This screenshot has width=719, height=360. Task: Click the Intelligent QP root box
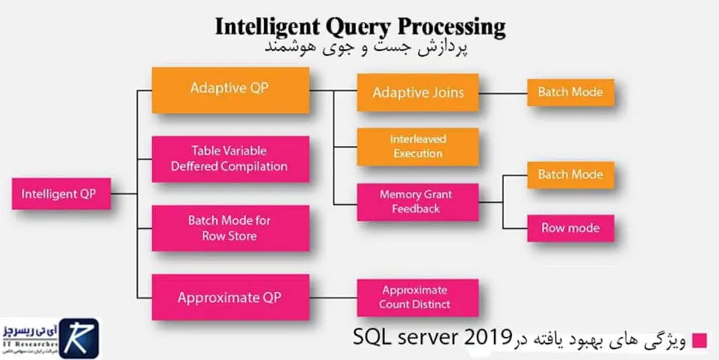(x=61, y=193)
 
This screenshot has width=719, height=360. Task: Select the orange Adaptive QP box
(x=231, y=90)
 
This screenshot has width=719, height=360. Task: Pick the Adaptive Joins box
(x=418, y=93)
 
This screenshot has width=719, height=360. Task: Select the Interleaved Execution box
(x=418, y=147)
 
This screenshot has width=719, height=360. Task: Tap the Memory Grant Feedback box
(x=418, y=201)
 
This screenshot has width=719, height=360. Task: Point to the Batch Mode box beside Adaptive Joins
(x=571, y=92)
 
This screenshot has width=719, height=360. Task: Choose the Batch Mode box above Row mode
(x=571, y=174)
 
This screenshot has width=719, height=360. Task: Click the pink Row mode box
(x=571, y=228)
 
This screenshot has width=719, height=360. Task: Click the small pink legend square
(x=699, y=340)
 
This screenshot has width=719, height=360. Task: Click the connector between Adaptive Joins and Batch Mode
(x=503, y=92)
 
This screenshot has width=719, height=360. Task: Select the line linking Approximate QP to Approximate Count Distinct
(x=334, y=298)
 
